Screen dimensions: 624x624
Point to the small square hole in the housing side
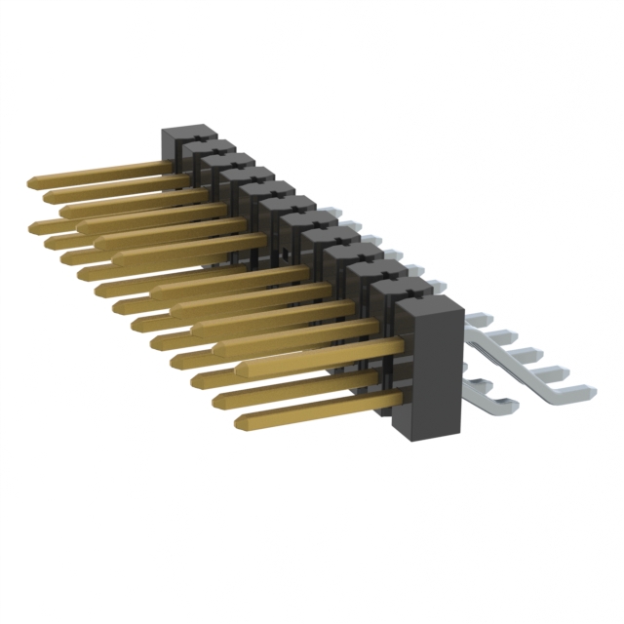pos(281,252)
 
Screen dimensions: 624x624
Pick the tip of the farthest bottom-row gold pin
pos(34,225)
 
